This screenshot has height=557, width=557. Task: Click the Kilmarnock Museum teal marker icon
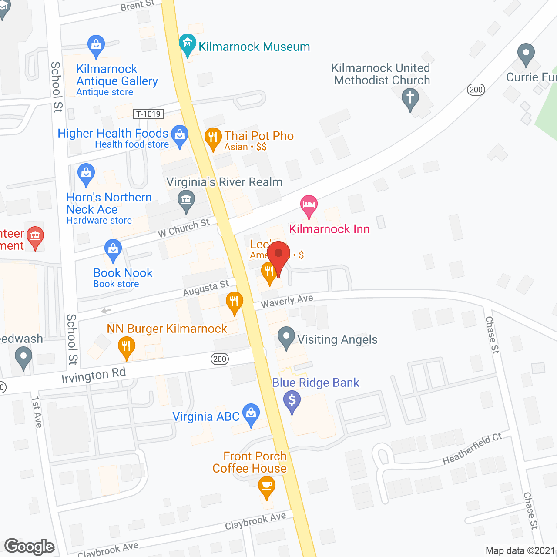click(188, 44)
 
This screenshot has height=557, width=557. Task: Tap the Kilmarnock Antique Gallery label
click(117, 75)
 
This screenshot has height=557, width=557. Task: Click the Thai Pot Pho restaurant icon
click(213, 138)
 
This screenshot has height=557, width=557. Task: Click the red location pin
click(278, 255)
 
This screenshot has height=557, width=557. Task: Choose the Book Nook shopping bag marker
click(113, 250)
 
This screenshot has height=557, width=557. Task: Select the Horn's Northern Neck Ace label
click(109, 203)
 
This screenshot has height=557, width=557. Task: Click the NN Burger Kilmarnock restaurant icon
click(126, 347)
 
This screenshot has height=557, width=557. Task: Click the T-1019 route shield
click(148, 114)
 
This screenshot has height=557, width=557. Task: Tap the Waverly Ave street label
click(287, 301)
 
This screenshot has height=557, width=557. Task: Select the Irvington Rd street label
click(94, 376)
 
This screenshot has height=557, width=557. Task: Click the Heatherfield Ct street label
click(472, 449)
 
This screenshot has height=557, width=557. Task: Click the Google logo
click(30, 547)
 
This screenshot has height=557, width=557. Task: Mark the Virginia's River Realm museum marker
click(186, 201)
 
